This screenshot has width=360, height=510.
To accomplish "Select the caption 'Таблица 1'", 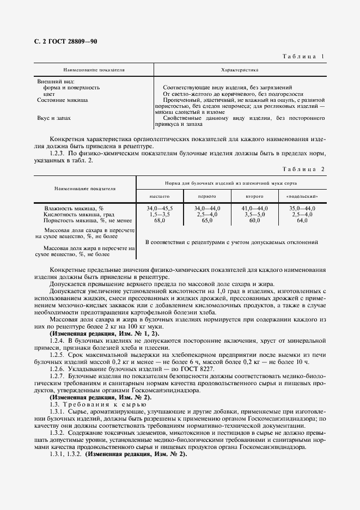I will (303, 57).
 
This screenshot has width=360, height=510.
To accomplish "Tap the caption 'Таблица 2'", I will (303, 169).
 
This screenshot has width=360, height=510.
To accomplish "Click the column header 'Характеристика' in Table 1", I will (239, 70).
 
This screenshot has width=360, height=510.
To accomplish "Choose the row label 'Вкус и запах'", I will (54, 117).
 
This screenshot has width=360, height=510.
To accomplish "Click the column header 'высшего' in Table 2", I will (160, 196).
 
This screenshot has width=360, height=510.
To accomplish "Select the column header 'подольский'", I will (302, 196).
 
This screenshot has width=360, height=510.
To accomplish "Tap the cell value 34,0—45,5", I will (160, 209).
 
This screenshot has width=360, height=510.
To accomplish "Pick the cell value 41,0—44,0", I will (254, 209).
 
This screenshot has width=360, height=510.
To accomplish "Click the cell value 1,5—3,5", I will (160, 215).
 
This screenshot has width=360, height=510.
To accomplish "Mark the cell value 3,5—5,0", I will (254, 215).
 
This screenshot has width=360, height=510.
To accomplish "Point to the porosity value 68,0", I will (160, 221).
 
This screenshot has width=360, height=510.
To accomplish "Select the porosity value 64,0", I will (301, 221).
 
